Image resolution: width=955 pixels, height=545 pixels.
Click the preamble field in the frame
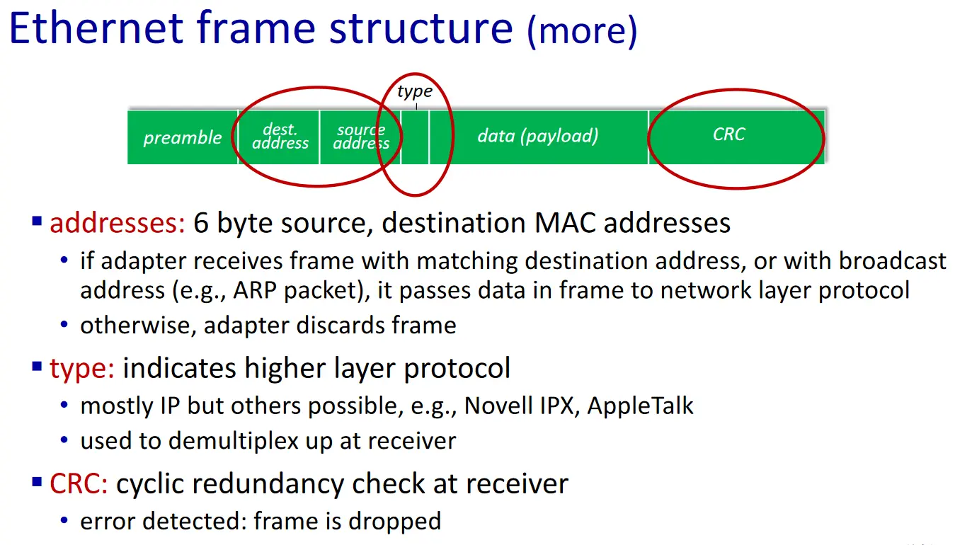pos(183,137)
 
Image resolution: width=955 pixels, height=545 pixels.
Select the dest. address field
pos(280,137)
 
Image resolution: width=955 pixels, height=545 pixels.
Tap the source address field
pos(360,137)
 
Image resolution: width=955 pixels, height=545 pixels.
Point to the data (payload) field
pos(538,136)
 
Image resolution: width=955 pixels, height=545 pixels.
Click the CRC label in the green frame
pos(729,134)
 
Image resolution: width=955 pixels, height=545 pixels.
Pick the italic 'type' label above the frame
pos(415,92)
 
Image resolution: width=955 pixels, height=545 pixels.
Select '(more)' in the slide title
pos(582,31)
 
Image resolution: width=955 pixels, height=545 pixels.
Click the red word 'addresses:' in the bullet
pos(118,224)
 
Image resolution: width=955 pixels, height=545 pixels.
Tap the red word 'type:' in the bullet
pos(82,369)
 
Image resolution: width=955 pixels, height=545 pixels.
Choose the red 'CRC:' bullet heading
pos(79,484)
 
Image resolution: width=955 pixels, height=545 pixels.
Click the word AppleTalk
pos(641,406)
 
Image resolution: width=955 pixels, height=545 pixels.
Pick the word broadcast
pos(893,261)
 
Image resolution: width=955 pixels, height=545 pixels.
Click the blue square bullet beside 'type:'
pos(38,367)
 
